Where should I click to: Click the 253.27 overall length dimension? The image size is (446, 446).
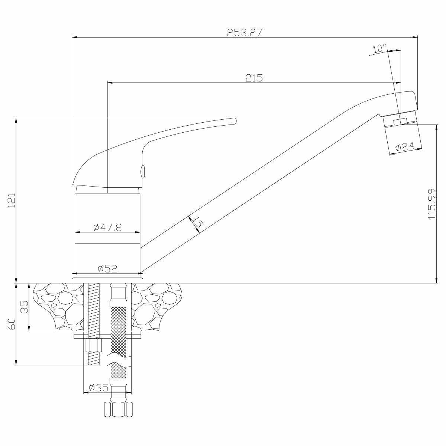pyautogui.click(x=245, y=32)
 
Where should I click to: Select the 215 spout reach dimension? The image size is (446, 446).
pyautogui.click(x=254, y=78)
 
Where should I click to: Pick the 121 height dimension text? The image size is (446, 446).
pyautogui.click(x=12, y=200)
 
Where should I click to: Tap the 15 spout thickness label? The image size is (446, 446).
pyautogui.click(x=197, y=223)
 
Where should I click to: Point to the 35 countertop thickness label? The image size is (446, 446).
pyautogui.click(x=25, y=307)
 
